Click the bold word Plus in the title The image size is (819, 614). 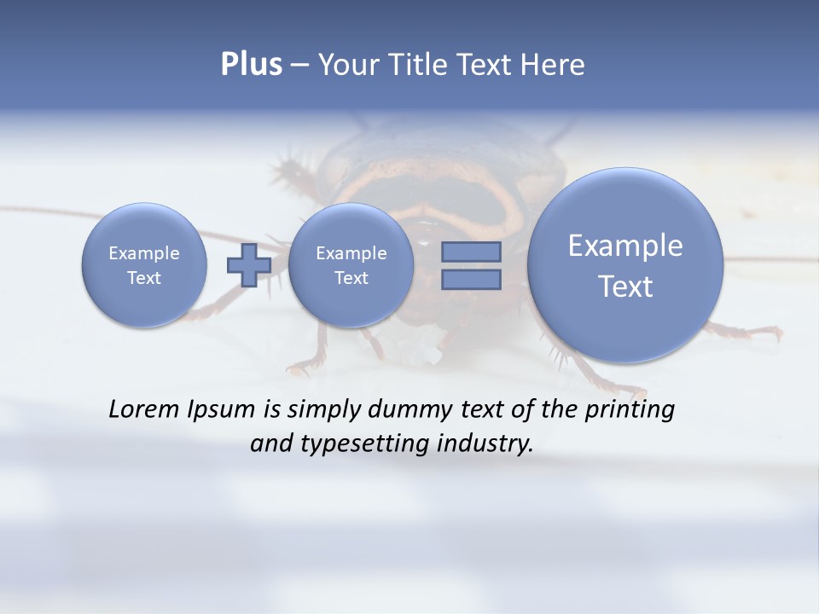[x=251, y=65]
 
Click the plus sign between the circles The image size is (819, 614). [x=248, y=265]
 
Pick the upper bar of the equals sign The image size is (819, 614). [x=471, y=252]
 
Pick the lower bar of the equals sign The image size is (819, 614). [x=471, y=279]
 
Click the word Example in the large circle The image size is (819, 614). [x=625, y=246]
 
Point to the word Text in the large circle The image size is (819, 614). [x=625, y=287]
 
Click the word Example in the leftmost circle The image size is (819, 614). [x=144, y=253]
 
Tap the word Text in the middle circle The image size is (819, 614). [x=351, y=278]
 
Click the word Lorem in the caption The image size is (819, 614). [x=145, y=409]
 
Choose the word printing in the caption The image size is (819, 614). [x=630, y=410]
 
